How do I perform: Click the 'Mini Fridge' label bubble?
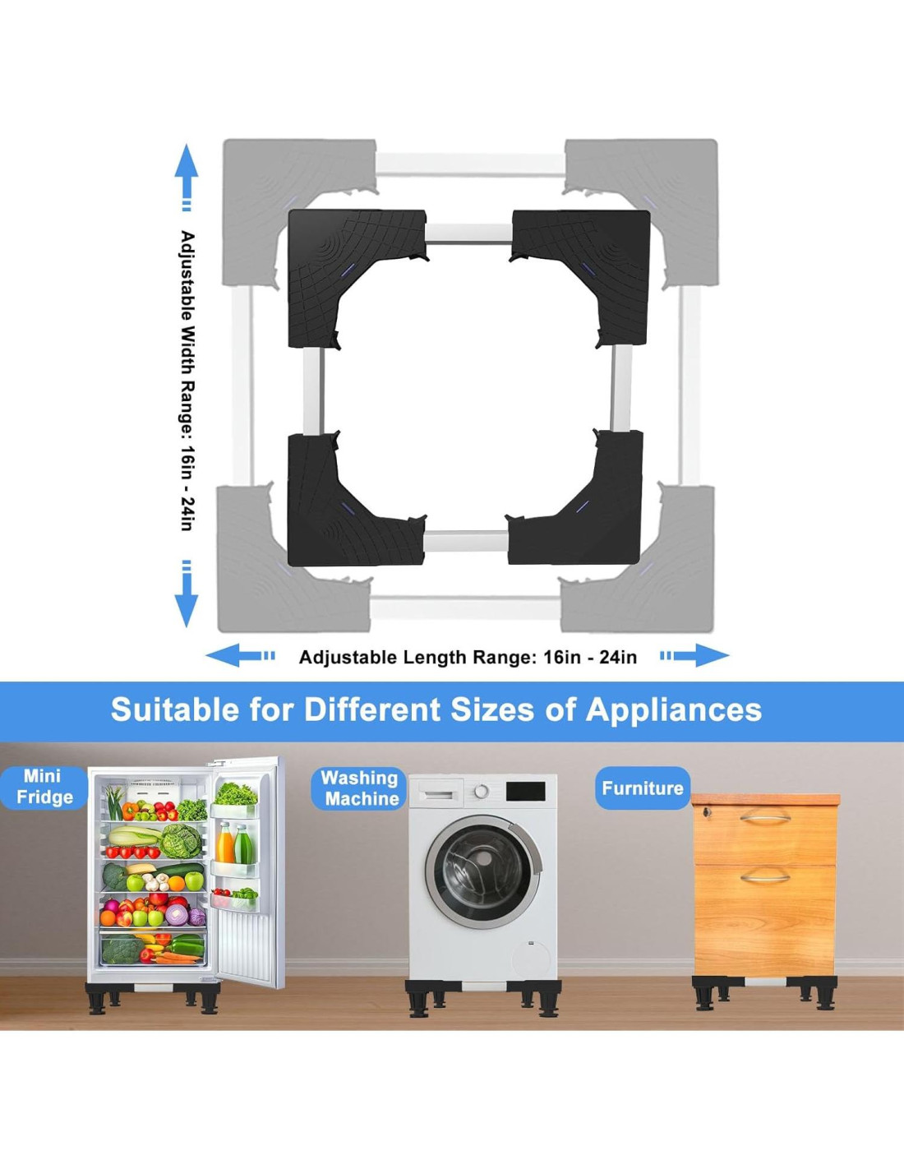point(44,787)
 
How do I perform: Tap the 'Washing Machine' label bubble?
point(360,788)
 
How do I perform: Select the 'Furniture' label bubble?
point(642,788)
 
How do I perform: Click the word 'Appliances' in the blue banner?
point(673,709)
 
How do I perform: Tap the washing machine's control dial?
point(482,792)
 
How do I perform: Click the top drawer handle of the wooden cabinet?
point(764,817)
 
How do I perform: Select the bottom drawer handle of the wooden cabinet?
point(764,876)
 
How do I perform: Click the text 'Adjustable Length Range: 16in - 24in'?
point(468,657)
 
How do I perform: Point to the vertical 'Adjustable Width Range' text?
point(188,380)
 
